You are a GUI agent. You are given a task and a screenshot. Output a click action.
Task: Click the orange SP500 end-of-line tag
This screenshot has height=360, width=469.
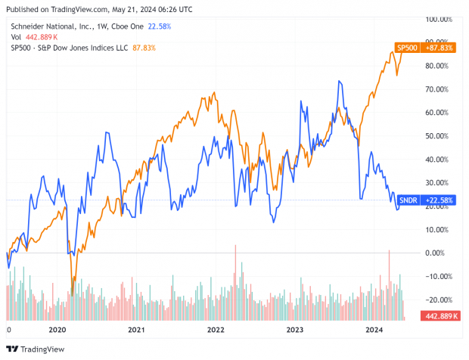[x=408, y=48]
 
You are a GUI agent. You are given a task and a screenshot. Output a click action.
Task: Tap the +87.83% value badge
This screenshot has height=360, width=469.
[x=439, y=48]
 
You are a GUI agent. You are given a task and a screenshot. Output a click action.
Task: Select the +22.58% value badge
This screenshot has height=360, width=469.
[x=439, y=200]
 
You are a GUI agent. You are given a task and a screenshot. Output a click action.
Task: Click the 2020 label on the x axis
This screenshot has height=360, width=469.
[x=57, y=331]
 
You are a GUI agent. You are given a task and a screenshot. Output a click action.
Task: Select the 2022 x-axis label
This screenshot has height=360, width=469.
[x=216, y=331]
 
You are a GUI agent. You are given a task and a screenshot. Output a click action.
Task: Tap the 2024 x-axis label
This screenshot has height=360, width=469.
[x=374, y=331]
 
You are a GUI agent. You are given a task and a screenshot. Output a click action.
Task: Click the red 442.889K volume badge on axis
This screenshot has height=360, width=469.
[x=441, y=315]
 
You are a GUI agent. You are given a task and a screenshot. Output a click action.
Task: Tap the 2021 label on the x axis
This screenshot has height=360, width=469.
[x=136, y=331]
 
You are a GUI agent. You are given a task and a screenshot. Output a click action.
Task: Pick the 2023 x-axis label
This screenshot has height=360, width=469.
[x=295, y=331]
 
